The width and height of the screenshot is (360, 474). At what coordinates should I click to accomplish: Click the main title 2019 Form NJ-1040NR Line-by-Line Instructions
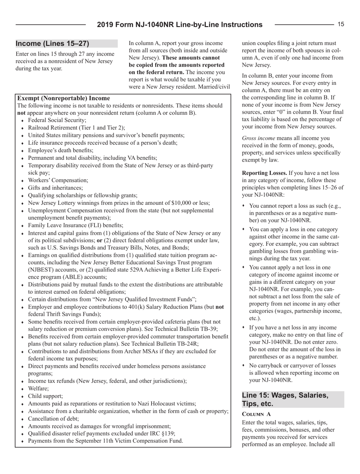coord(180,25)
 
